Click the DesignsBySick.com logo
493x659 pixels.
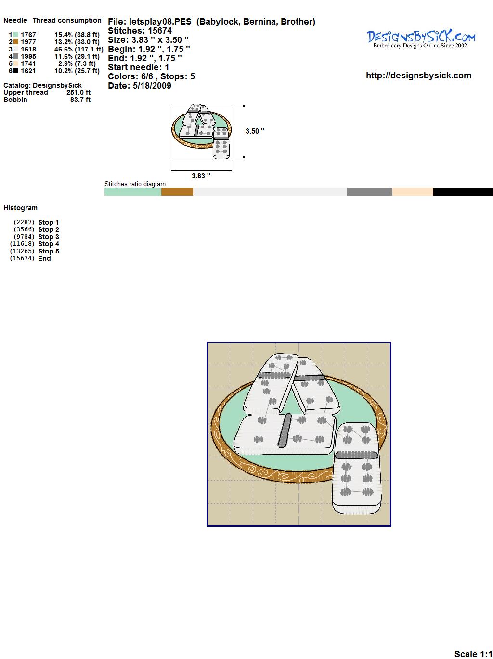click(421, 39)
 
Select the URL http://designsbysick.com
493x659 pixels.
click(418, 76)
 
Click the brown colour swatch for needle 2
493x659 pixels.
click(15, 42)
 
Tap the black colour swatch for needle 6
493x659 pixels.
click(15, 71)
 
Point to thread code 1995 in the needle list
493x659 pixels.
click(28, 56)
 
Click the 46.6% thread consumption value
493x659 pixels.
click(64, 49)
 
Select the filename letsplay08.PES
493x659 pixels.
click(160, 22)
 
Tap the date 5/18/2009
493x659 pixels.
click(152, 86)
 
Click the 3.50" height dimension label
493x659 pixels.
click(255, 131)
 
